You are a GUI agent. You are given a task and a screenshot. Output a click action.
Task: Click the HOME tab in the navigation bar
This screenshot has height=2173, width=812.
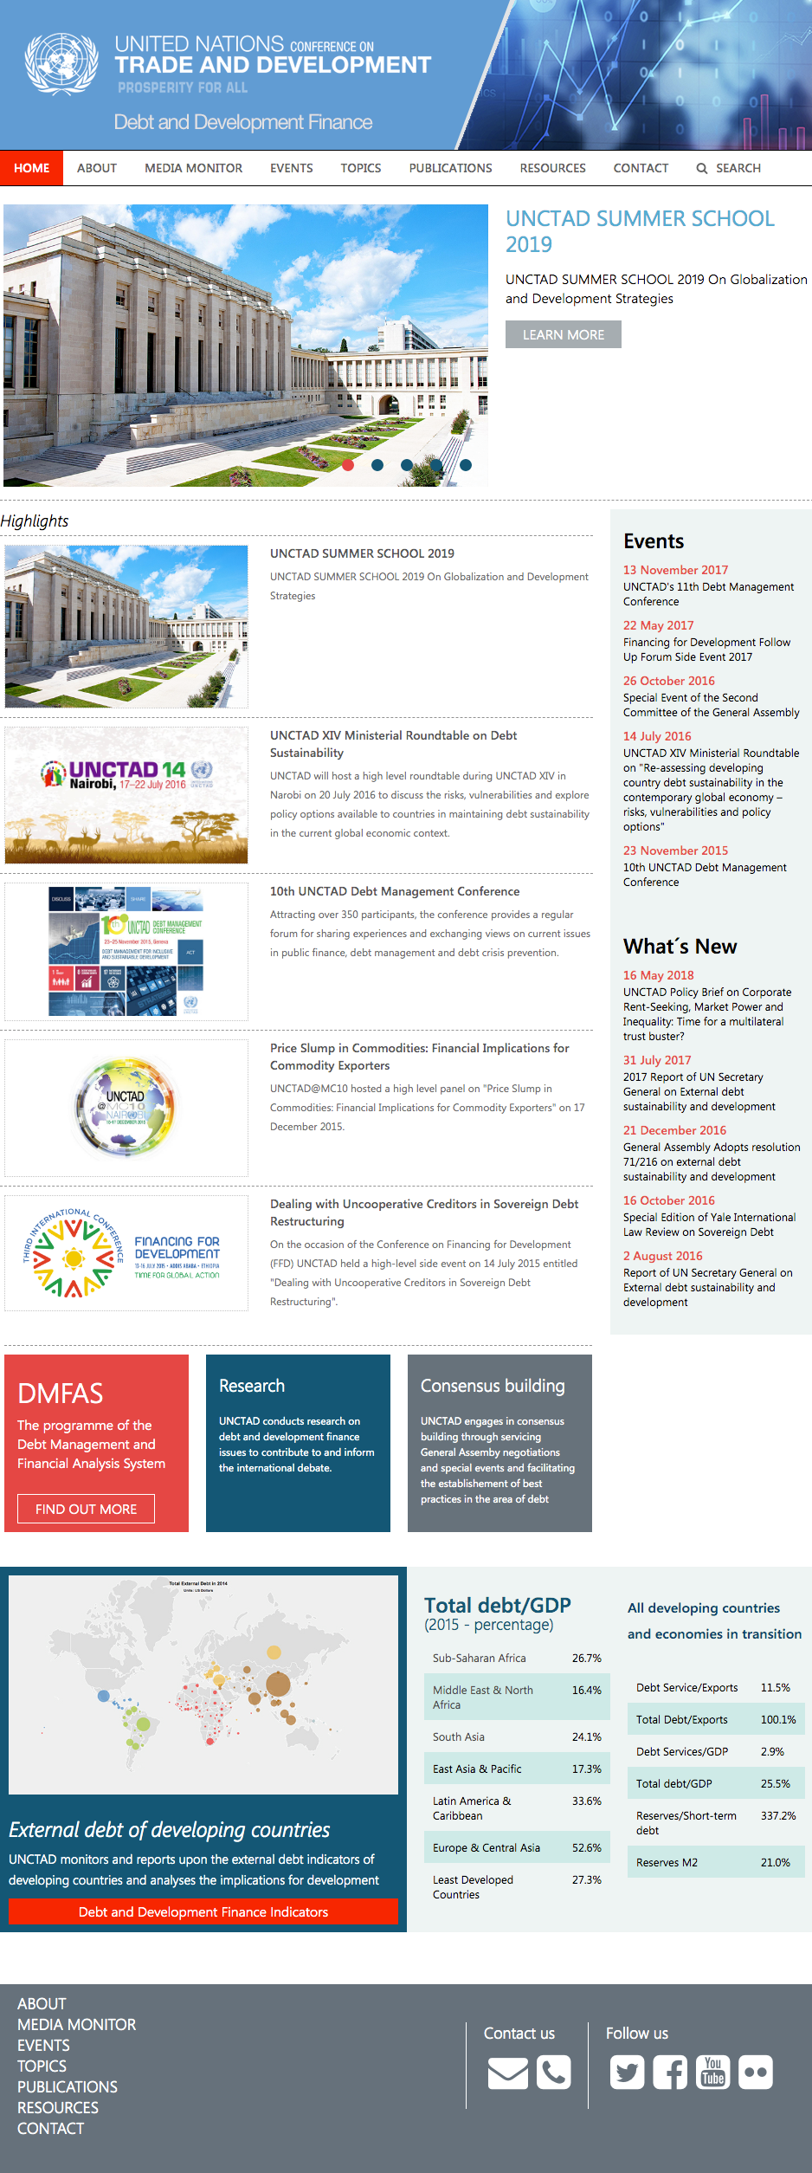pyautogui.click(x=32, y=168)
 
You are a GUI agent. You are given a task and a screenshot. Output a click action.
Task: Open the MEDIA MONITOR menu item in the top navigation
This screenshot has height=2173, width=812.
pyautogui.click(x=193, y=168)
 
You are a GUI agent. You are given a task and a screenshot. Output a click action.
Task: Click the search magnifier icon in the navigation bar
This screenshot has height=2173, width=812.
pyautogui.click(x=702, y=169)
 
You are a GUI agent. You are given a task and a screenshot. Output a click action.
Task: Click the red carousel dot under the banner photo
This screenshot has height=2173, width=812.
pyautogui.click(x=348, y=465)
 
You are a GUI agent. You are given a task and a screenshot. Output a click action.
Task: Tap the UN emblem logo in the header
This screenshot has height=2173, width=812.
pyautogui.click(x=61, y=63)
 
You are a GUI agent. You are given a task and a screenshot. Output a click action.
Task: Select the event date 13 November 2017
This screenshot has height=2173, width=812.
pyautogui.click(x=675, y=570)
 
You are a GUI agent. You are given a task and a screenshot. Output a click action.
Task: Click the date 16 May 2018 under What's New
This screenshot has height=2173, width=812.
pyautogui.click(x=658, y=975)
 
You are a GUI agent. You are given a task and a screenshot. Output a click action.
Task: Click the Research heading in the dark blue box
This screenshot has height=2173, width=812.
pyautogui.click(x=252, y=1386)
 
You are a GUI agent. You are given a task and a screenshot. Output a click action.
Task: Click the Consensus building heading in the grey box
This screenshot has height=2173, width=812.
pyautogui.click(x=493, y=1386)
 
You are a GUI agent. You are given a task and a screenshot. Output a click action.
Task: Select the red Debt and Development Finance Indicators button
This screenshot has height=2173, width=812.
pyautogui.click(x=203, y=1911)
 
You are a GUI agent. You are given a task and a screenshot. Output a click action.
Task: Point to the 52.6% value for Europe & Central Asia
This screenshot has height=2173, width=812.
pyautogui.click(x=586, y=1847)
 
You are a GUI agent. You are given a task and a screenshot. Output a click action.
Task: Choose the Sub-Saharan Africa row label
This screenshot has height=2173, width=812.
pyautogui.click(x=480, y=1658)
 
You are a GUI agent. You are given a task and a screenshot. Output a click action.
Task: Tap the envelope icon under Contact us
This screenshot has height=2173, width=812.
pyautogui.click(x=508, y=2073)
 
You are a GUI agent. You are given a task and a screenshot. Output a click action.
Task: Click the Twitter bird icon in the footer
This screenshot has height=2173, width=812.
pyautogui.click(x=628, y=2073)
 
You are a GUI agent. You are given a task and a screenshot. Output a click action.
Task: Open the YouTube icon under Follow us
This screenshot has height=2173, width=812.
pyautogui.click(x=713, y=2073)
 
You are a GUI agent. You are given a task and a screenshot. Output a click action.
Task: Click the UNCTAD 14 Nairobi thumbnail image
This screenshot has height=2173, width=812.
pyautogui.click(x=126, y=794)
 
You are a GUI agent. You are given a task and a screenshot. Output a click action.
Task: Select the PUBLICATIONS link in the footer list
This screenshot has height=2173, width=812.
pyautogui.click(x=68, y=2086)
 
